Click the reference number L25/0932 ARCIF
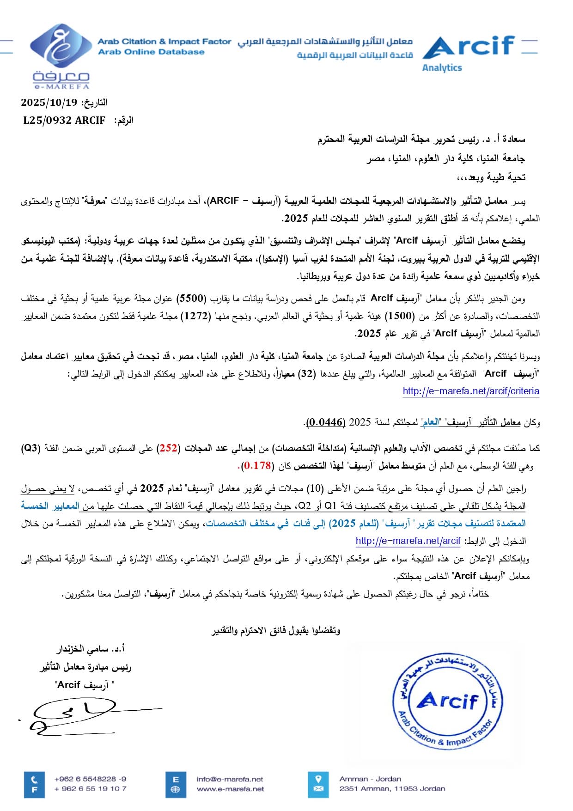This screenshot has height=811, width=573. point(64,121)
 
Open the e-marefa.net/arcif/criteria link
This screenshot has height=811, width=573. point(470,391)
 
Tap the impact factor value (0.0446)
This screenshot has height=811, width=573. point(326,422)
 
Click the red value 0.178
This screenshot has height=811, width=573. point(257,465)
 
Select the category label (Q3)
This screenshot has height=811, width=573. point(31,448)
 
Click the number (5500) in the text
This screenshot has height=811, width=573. point(191,299)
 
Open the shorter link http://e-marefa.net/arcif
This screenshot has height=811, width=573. point(408,541)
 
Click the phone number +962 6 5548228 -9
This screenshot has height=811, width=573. point(90,779)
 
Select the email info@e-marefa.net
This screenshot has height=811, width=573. point(230,779)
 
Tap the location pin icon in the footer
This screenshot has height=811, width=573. point(318,779)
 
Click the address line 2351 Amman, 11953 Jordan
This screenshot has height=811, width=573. point(392,788)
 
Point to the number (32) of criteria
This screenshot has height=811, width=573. point(306,374)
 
